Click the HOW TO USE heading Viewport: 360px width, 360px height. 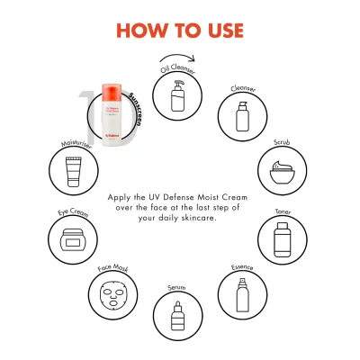coord(180,29)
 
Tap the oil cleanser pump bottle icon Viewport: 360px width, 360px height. coord(175,94)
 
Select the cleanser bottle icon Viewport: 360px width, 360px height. coord(239,116)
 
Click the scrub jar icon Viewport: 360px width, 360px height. coord(282,168)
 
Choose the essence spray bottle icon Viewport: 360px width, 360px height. coord(241,293)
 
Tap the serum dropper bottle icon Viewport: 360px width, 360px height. coord(175,315)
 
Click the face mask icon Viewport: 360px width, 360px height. coord(112,293)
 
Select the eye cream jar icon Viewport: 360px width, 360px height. coord(71,240)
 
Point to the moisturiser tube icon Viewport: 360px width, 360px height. coord(73,168)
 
